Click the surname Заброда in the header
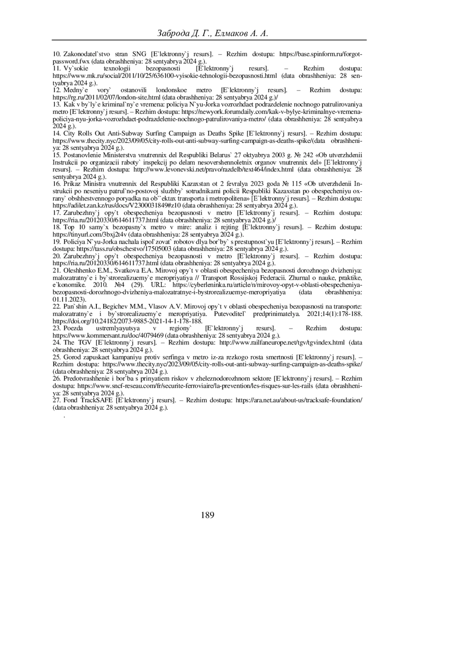pyautogui.click(x=173, y=33)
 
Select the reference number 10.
pyautogui.click(x=56, y=54)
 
